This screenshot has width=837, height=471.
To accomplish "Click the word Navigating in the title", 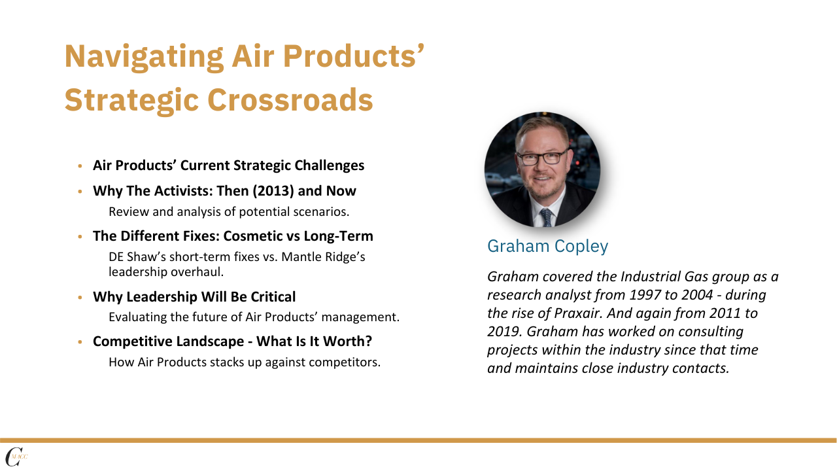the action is [144, 57].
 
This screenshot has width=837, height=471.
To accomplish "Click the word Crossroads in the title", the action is [290, 100].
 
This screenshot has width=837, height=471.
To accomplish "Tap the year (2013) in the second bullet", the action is [273, 191].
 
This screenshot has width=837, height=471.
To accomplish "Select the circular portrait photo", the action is [543, 169].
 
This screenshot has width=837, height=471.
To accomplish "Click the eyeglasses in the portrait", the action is [543, 157].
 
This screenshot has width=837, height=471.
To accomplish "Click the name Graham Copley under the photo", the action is [548, 247].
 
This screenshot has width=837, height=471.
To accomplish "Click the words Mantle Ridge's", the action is [323, 257].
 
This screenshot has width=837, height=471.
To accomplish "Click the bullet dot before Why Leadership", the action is [80, 298].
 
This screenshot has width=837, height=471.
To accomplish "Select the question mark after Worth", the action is [368, 341].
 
